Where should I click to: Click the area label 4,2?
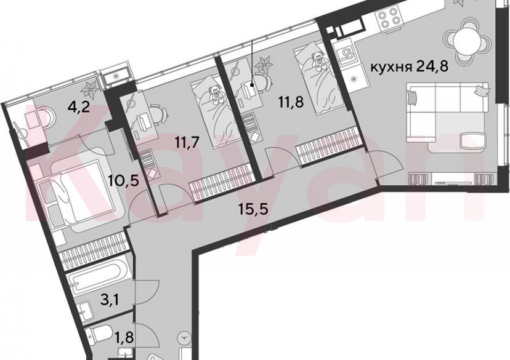[78, 111]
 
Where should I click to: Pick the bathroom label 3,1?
[108, 301]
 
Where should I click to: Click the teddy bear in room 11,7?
[214, 95]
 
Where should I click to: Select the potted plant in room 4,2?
[89, 90]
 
